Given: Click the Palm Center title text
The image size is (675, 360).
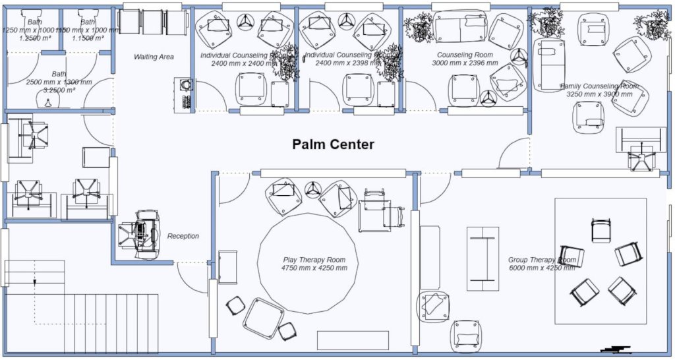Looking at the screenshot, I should click(x=333, y=144).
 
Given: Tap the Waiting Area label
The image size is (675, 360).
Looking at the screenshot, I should click(x=154, y=57).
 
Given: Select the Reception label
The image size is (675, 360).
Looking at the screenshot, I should click(x=183, y=236).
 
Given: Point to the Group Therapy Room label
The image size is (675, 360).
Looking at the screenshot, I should click(x=542, y=260).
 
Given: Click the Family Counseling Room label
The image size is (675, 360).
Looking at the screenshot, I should click(x=599, y=86).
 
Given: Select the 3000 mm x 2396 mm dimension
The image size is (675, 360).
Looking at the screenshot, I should click(x=465, y=64).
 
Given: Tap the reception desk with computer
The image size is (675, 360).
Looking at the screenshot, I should click(x=140, y=232).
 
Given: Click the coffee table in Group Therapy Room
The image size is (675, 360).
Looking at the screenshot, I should click(x=483, y=258).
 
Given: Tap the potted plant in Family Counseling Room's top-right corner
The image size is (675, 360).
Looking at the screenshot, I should click(x=655, y=25).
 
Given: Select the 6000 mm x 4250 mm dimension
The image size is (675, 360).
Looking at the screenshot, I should click(x=542, y=268).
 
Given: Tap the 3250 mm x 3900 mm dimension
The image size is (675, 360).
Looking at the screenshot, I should click(x=599, y=94).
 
